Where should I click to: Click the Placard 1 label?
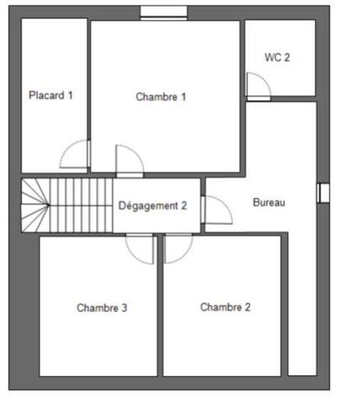point(50,95)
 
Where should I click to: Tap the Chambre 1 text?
point(161,97)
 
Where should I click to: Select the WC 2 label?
point(278,58)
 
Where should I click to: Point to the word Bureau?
point(270,203)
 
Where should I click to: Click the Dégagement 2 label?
point(152,205)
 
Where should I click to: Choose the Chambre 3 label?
point(102,308)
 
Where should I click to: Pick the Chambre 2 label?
point(225,307)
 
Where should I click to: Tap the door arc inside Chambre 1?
point(128,160)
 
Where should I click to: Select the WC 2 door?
point(257,85)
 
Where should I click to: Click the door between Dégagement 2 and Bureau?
point(217,210)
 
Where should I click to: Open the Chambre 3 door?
point(139,248)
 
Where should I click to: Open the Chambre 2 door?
point(177,248)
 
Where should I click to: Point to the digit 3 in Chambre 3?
point(124,308)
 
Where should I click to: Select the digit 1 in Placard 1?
point(71,95)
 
